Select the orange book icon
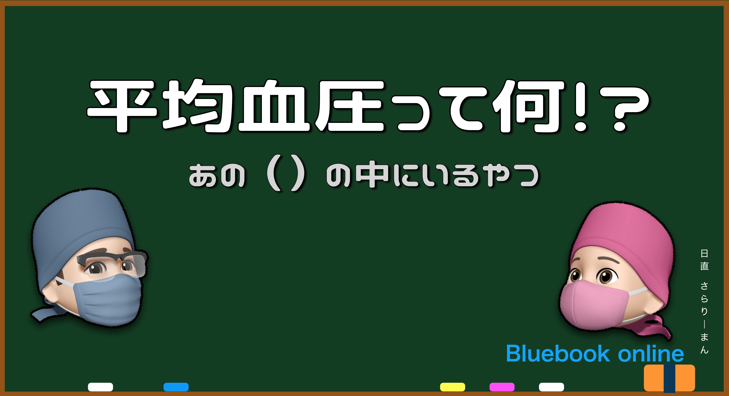pyautogui.click(x=669, y=378)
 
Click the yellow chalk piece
pyautogui.click(x=452, y=387)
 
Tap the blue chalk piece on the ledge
pyautogui.click(x=176, y=387)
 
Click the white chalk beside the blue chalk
pyautogui.click(x=100, y=387)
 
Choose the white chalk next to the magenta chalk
pyautogui.click(x=552, y=387)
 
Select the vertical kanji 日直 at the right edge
pyautogui.click(x=704, y=260)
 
